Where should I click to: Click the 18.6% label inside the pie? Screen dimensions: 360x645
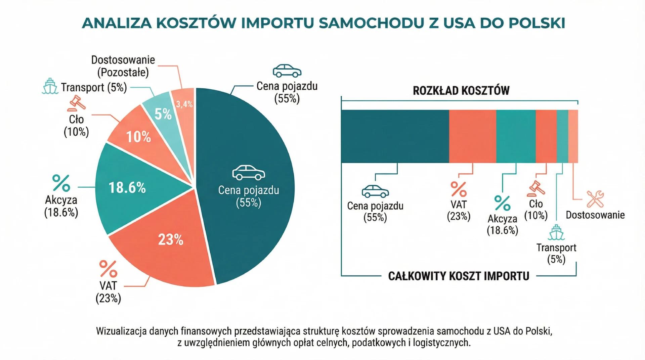pyautogui.click(x=127, y=187)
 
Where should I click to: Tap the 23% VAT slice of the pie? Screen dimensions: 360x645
pyautogui.click(x=165, y=249)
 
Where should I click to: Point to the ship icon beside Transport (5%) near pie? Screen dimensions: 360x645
pyautogui.click(x=50, y=86)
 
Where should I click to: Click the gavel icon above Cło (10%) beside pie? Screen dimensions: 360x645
pyautogui.click(x=77, y=103)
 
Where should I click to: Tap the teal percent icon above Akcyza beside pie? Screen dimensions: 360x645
pyautogui.click(x=61, y=183)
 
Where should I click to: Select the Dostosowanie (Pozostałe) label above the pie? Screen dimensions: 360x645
pyautogui.click(x=123, y=66)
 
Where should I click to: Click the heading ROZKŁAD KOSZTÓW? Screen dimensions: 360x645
pyautogui.click(x=461, y=91)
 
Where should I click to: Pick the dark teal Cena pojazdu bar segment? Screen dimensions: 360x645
pyautogui.click(x=395, y=136)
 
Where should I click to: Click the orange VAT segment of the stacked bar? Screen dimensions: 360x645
pyautogui.click(x=472, y=136)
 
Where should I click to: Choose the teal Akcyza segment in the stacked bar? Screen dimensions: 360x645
pyautogui.click(x=516, y=136)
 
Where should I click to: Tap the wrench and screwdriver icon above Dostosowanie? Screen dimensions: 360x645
pyautogui.click(x=595, y=199)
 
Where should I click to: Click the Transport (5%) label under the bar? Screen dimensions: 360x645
pyautogui.click(x=556, y=253)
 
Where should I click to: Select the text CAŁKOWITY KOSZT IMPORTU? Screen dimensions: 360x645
pyautogui.click(x=459, y=276)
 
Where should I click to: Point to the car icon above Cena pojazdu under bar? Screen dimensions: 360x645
pyautogui.click(x=375, y=191)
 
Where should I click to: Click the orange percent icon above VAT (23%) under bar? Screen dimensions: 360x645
pyautogui.click(x=459, y=189)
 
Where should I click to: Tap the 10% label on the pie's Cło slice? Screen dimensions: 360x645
pyautogui.click(x=138, y=137)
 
